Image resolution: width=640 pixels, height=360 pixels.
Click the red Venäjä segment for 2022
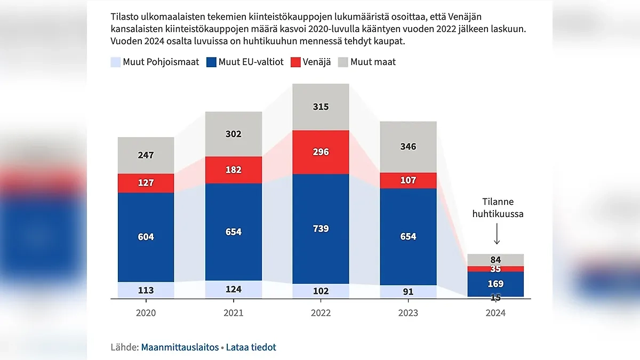click(x=321, y=152)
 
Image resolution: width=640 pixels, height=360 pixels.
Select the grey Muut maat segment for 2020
click(x=146, y=155)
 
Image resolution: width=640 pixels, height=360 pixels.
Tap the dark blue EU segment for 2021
click(x=234, y=232)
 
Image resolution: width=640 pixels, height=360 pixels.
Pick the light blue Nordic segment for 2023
click(x=408, y=292)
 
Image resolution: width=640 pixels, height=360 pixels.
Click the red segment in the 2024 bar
click(x=495, y=269)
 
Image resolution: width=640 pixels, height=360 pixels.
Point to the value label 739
click(x=321, y=229)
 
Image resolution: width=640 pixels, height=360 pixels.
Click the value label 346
click(x=408, y=147)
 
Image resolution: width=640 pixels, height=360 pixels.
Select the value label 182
click(x=234, y=170)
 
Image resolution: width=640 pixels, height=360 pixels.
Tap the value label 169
click(x=495, y=284)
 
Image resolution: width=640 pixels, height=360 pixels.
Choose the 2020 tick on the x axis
click(x=146, y=313)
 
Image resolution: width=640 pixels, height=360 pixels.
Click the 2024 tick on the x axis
click(x=495, y=313)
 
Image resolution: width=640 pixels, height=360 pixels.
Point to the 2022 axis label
click(x=321, y=313)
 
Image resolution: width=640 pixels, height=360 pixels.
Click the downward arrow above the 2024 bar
click(x=496, y=234)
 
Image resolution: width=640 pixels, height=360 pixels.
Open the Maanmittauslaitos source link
click(x=180, y=347)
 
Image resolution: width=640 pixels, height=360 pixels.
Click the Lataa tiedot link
click(x=251, y=347)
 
